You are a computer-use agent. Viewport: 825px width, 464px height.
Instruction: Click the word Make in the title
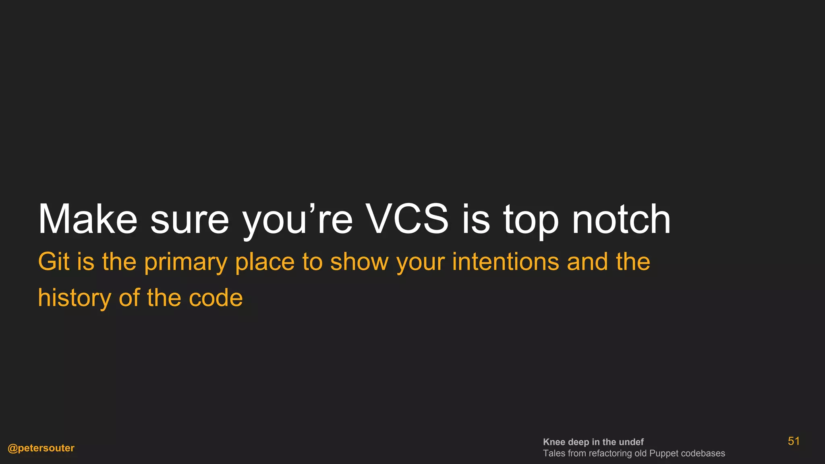87,220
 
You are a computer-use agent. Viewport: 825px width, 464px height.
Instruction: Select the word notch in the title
621,220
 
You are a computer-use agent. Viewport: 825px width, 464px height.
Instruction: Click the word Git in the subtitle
54,262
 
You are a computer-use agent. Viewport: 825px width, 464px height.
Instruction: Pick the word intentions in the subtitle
506,262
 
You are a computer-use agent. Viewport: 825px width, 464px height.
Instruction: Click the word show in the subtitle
359,262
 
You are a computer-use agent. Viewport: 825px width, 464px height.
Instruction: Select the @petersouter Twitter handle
41,448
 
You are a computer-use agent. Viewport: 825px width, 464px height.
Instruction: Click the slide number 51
794,441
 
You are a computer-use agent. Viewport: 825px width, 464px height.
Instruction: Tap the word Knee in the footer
554,442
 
